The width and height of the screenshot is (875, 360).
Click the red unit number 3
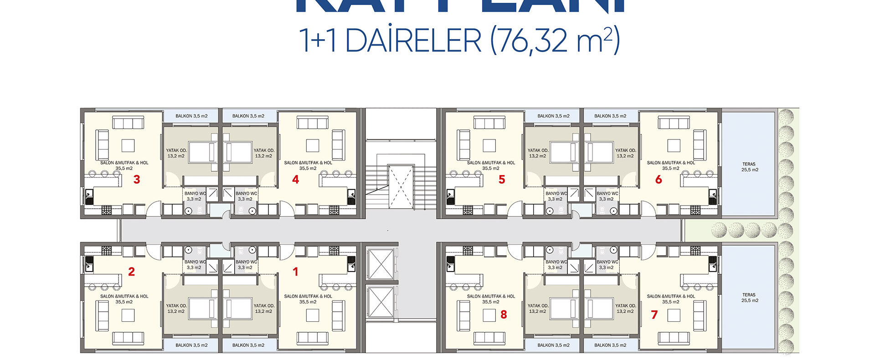click(137, 180)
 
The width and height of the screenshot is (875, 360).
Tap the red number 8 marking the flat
click(504, 314)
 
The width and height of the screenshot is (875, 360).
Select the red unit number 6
click(659, 180)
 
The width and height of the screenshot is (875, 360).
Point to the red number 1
click(295, 272)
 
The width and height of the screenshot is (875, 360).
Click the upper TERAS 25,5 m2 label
click(749, 167)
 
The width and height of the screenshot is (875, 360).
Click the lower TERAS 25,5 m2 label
click(749, 298)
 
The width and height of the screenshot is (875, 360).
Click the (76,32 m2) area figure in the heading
click(555, 40)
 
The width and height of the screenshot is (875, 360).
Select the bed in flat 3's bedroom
click(203, 152)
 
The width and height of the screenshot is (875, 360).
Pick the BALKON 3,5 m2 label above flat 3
click(191, 116)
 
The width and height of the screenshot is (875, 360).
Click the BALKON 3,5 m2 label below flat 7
click(610, 345)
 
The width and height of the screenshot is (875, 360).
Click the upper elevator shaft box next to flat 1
click(380, 264)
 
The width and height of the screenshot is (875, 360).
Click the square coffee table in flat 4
click(313, 145)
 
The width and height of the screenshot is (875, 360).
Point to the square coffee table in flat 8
click(489, 315)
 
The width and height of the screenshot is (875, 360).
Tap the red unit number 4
click(295, 180)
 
